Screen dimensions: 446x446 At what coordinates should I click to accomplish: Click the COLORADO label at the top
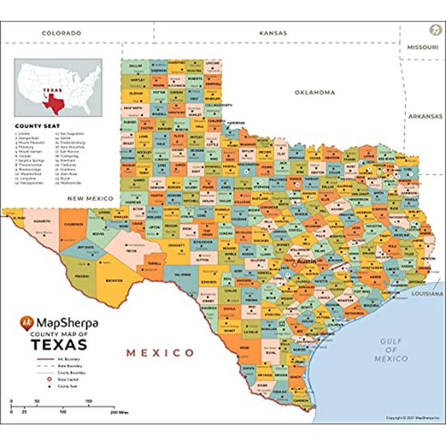[x=61, y=33]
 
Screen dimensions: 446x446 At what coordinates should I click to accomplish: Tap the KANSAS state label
[x=273, y=33]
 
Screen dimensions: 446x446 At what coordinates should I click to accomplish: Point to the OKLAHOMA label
[x=314, y=92]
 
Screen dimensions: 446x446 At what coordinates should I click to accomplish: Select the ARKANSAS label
[x=425, y=116]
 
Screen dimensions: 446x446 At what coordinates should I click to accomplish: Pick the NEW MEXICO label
[x=91, y=199]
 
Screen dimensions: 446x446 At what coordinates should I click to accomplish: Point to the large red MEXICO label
[x=160, y=353]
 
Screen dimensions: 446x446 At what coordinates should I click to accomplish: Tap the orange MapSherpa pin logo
[x=26, y=324]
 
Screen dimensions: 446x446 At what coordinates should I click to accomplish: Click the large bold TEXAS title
[x=59, y=346]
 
